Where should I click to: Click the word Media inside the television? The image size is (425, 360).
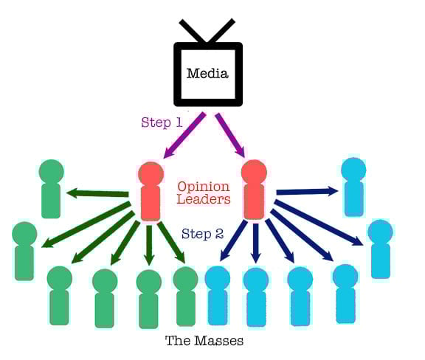207,73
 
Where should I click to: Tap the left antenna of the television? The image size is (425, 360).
193,31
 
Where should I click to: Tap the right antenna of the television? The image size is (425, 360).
222,31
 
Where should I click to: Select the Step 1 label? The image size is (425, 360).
162,122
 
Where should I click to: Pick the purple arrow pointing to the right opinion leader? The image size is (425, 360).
230,134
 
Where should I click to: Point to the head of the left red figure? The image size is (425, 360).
150,174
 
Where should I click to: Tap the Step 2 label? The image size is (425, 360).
202,235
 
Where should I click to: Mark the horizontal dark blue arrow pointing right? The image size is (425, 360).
307,192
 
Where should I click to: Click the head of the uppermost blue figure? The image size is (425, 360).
353,170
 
